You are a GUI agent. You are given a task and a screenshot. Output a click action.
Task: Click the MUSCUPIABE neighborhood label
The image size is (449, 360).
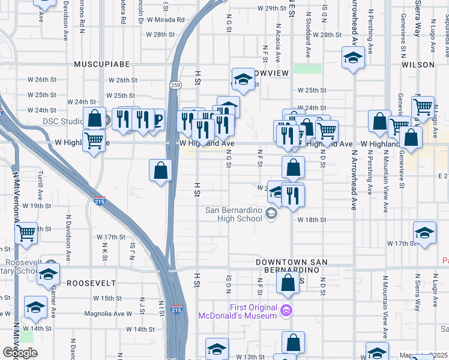tap(98, 64)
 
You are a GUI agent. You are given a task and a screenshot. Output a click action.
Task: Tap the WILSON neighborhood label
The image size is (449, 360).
tap(418, 64)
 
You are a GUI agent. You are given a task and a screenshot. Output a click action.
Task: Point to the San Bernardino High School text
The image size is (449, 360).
tap(234, 214)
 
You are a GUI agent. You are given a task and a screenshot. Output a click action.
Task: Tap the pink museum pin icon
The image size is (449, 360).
tap(287, 310)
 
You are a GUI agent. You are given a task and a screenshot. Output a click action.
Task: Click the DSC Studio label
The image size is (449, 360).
tap(62, 121)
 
